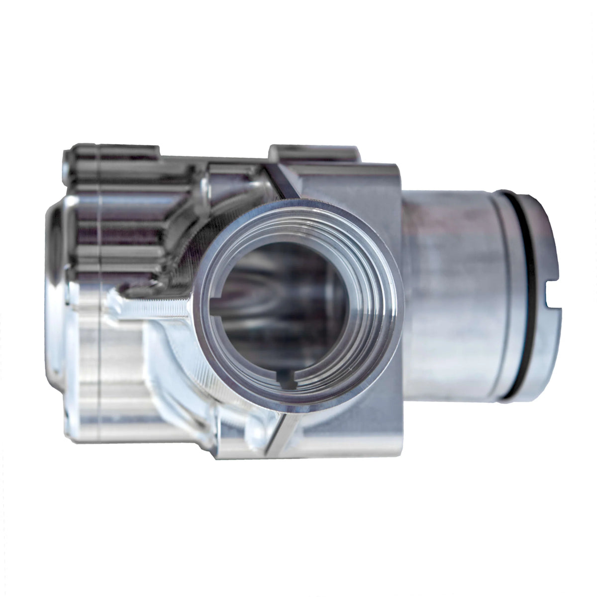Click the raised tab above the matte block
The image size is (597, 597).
click(x=313, y=152)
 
